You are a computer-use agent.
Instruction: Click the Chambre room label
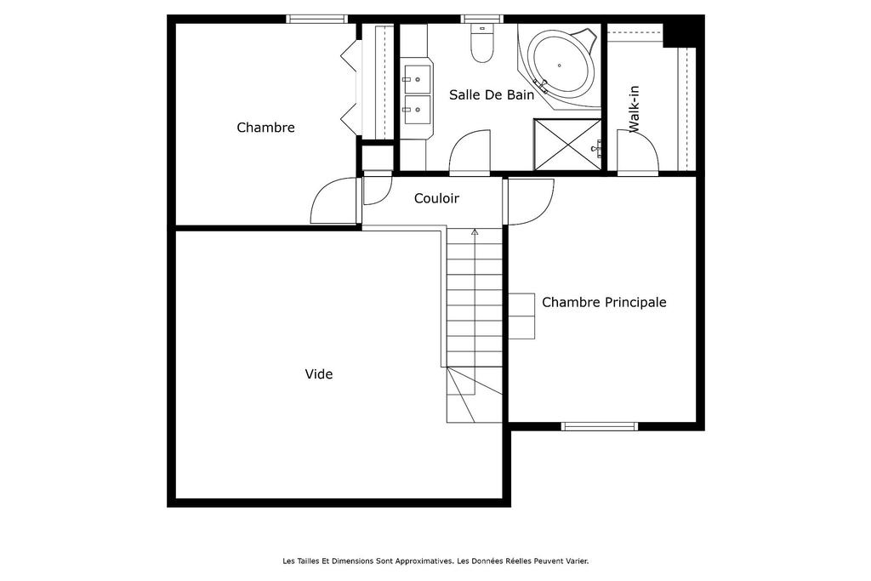(265, 128)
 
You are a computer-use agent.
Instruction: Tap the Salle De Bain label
(492, 95)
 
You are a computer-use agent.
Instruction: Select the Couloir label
(436, 198)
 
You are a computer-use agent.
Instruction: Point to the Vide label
(319, 373)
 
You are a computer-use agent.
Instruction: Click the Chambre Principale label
(604, 302)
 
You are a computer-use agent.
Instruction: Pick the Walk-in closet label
(635, 109)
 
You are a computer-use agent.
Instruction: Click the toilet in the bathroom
(481, 43)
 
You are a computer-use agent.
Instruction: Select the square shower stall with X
(567, 145)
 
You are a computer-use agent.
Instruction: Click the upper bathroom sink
(417, 79)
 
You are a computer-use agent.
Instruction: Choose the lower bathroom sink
(417, 110)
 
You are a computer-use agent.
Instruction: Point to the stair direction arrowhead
(475, 231)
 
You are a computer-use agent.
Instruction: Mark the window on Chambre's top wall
(316, 19)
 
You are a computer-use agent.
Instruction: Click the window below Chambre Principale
(600, 426)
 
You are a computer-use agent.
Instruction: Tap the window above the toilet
(482, 19)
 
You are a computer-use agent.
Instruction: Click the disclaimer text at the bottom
(435, 561)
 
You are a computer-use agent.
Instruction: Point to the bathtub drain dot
(560, 65)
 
